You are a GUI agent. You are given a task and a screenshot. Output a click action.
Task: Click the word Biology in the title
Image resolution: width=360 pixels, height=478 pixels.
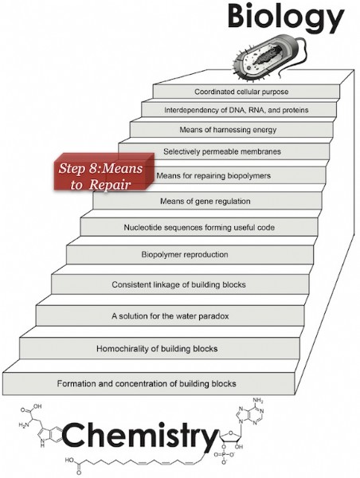[286, 18]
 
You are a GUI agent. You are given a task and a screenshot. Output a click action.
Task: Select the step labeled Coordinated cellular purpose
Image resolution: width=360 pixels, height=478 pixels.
[246, 92]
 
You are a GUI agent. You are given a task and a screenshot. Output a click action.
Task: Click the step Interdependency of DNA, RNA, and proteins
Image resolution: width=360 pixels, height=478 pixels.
[239, 110]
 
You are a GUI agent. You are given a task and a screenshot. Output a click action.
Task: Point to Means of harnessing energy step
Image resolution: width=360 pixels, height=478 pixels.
[231, 130]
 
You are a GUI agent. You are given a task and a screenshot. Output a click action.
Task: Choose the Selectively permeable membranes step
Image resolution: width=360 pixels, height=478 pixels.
[224, 151]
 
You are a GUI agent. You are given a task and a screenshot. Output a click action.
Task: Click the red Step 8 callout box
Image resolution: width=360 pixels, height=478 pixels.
[104, 173]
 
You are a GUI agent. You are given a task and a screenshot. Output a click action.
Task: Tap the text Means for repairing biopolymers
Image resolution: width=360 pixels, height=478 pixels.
[213, 175]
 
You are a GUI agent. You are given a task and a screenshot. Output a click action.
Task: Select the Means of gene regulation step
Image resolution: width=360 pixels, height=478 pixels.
[207, 201]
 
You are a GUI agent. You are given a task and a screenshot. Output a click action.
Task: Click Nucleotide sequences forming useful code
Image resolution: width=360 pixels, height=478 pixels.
[199, 227]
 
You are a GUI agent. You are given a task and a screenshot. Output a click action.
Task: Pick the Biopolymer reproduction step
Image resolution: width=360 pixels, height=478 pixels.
[190, 255]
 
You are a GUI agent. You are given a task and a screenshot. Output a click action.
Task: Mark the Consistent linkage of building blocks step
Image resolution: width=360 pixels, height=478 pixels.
[180, 284]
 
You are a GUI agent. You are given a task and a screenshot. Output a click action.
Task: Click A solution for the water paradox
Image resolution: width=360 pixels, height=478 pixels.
[170, 315]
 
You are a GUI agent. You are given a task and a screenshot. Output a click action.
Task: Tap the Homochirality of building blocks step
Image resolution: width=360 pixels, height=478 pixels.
[159, 348]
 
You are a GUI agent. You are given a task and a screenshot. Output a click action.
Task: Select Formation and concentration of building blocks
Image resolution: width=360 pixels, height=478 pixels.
[149, 383]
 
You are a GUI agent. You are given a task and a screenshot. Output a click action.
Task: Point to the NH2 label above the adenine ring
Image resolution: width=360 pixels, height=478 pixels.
[258, 400]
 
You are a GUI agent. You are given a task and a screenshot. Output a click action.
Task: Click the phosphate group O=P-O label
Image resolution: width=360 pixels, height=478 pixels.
[225, 455]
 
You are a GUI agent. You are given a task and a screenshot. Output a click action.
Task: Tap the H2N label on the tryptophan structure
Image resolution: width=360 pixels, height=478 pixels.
[24, 425]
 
